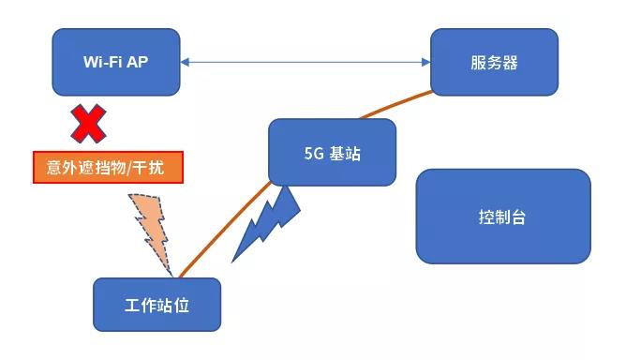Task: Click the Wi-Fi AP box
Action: pos(115,63)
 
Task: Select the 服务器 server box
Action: pos(494,63)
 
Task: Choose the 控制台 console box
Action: pos(502,217)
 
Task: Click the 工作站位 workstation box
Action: pos(156,305)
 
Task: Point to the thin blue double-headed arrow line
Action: pos(305,63)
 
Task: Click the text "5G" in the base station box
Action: pos(313,153)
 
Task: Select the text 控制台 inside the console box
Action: pos(502,217)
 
